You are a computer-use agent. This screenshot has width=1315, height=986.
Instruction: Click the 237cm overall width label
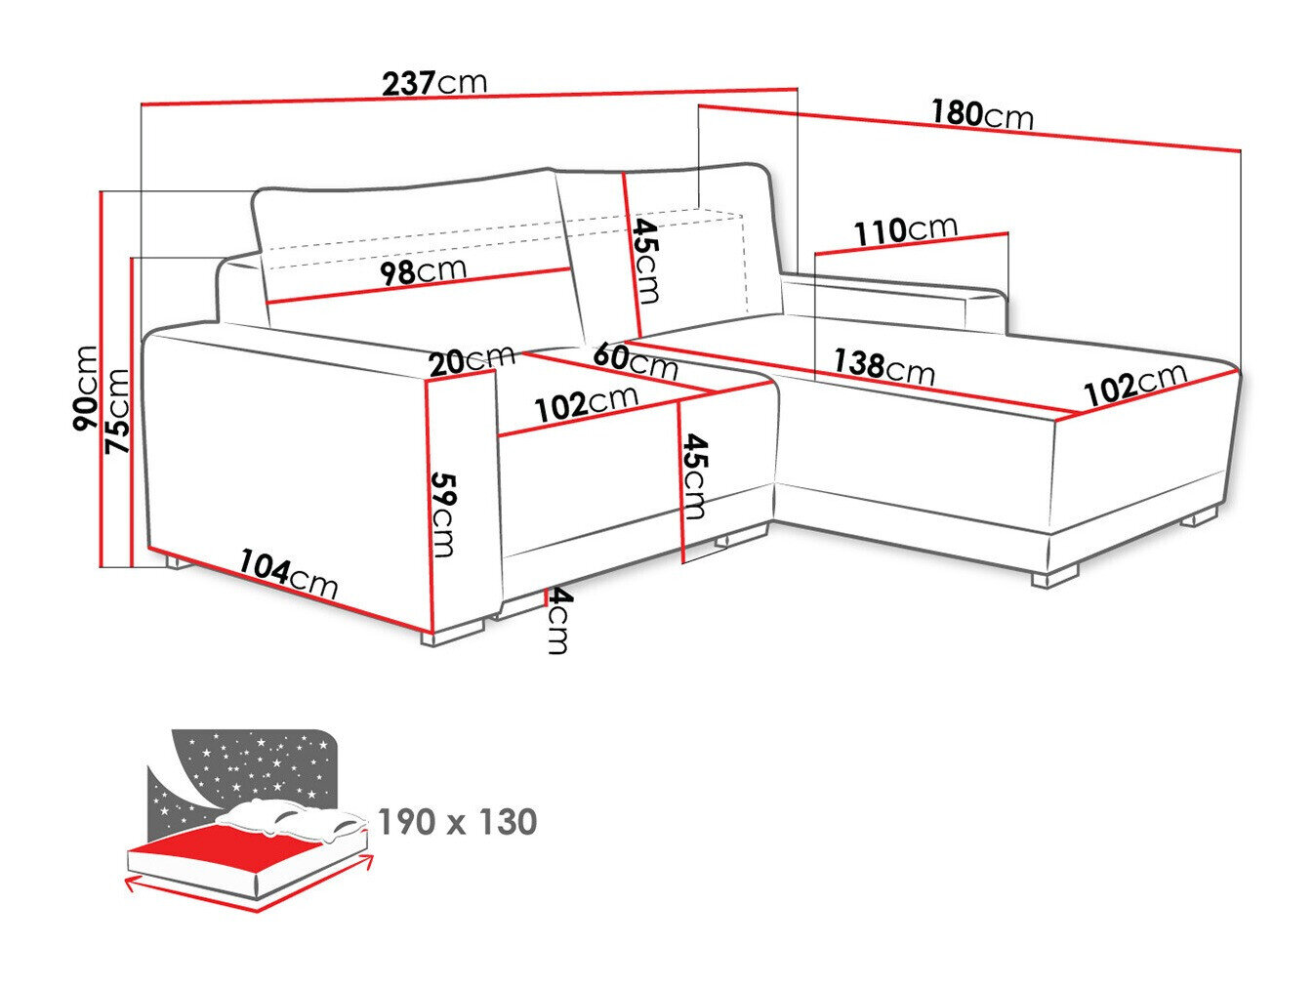point(433,83)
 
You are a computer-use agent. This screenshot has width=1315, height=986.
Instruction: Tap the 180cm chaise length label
point(981,115)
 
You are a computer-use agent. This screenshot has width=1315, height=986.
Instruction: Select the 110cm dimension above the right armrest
point(906,232)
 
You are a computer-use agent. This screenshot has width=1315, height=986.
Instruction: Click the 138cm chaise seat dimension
point(883,367)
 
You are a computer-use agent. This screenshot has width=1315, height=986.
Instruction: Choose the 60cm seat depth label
point(635,360)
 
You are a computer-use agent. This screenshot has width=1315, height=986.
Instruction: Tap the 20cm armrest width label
point(472,360)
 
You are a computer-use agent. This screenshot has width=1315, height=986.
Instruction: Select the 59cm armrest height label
point(443,514)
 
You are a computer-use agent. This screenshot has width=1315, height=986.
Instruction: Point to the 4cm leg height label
point(556,621)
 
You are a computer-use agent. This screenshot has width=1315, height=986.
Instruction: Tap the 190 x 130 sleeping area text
point(457,822)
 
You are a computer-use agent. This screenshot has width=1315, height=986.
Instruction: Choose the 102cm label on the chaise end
point(1134,384)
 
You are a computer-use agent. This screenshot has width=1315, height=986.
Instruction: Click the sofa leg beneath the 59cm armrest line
point(454,634)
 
